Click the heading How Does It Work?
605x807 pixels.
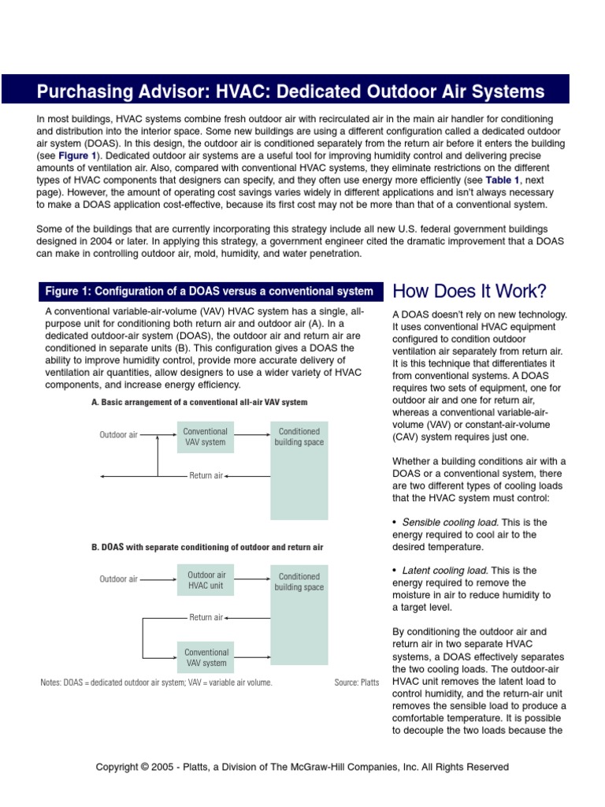pyautogui.click(x=469, y=292)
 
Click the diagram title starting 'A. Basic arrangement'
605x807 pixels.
pyautogui.click(x=199, y=402)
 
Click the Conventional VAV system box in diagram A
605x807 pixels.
pyautogui.click(x=206, y=437)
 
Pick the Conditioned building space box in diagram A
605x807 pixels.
pyautogui.click(x=299, y=470)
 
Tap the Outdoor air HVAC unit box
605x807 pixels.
pyautogui.click(x=206, y=581)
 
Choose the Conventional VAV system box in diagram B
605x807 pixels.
pyautogui.click(x=206, y=657)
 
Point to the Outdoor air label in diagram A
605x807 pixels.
pyautogui.click(x=118, y=435)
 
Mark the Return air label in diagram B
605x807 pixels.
pyautogui.click(x=206, y=618)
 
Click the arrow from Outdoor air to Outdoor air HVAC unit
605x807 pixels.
pyautogui.click(x=158, y=579)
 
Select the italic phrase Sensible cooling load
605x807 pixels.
pyautogui.click(x=450, y=522)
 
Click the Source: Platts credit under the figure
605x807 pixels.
pyautogui.click(x=357, y=682)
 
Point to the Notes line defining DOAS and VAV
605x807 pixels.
pyautogui.click(x=156, y=682)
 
